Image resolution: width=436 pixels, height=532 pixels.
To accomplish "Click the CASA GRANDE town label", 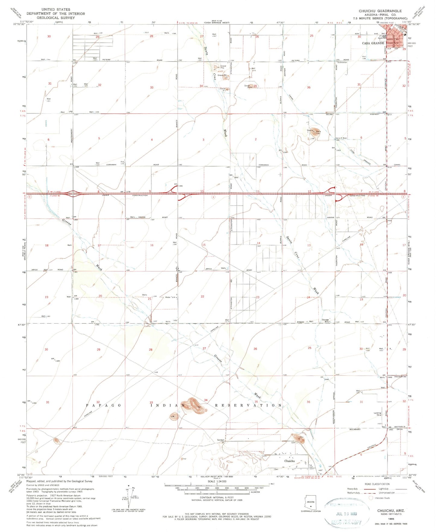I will click(x=373, y=43).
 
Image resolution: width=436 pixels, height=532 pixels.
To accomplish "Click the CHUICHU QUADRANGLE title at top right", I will click(x=380, y=11).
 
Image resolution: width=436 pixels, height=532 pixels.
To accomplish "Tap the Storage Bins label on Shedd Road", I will click(x=325, y=321).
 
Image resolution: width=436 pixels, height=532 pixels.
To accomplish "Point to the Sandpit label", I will click(x=221, y=440).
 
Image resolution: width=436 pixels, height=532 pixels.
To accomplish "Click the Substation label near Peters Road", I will click(x=342, y=62).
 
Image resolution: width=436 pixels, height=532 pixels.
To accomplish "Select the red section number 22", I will click(x=202, y=297).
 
